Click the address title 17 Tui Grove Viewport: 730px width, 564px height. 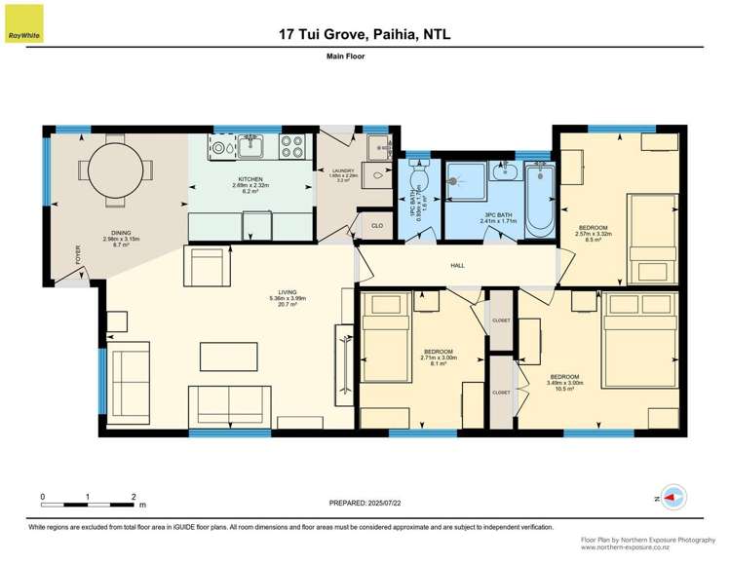coord(365,35)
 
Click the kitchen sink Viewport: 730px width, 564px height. coord(250,147)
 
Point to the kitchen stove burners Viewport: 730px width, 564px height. coord(291,146)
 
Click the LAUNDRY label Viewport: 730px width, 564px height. coord(342,172)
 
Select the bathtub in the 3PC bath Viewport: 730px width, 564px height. coord(538,201)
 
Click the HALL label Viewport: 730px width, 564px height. coord(457,264)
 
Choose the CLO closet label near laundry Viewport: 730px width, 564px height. coord(376,226)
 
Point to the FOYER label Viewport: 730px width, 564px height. coord(78,255)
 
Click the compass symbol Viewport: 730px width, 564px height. coord(671,498)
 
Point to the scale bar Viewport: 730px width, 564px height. coord(88,503)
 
